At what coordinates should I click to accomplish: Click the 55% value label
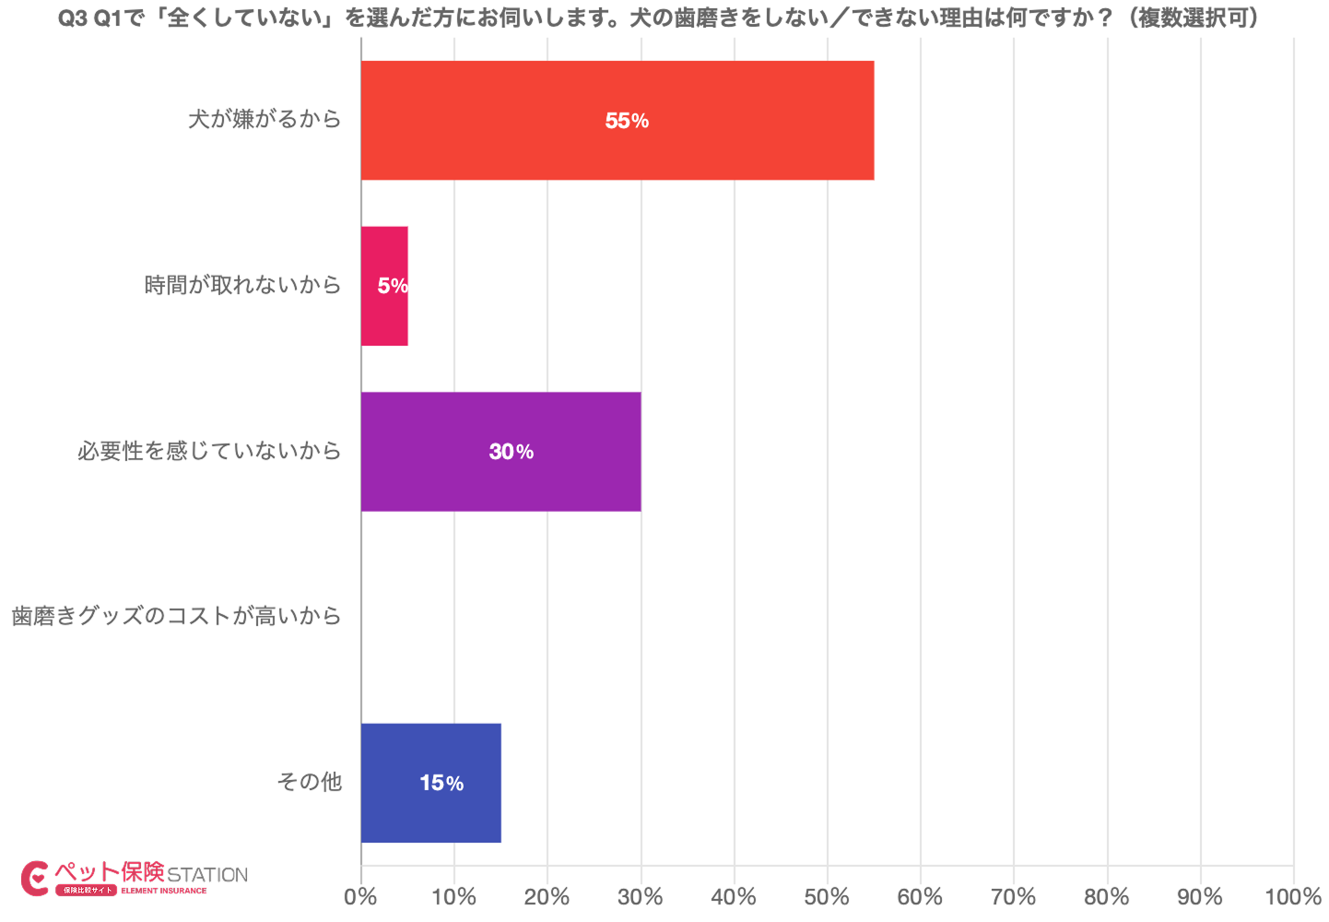tap(627, 121)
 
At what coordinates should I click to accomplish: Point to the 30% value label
tap(512, 452)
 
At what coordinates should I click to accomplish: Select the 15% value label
tap(441, 783)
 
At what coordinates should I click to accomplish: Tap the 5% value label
tap(393, 286)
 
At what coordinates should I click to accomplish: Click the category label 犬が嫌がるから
tap(265, 119)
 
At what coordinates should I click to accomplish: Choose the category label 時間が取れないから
tap(242, 285)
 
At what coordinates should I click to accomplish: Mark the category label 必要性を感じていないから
tap(209, 451)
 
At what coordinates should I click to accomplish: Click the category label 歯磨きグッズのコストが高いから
tap(176, 616)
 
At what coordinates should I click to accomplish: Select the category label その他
tap(309, 782)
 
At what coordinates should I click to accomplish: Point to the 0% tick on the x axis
tap(360, 897)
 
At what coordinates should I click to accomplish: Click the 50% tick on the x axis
tap(827, 897)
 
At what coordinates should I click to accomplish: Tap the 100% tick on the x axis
tap(1293, 897)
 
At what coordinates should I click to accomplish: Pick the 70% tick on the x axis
tap(1014, 897)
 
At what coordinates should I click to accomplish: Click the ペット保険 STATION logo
tap(135, 878)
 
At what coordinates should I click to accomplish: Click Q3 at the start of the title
tap(73, 18)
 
